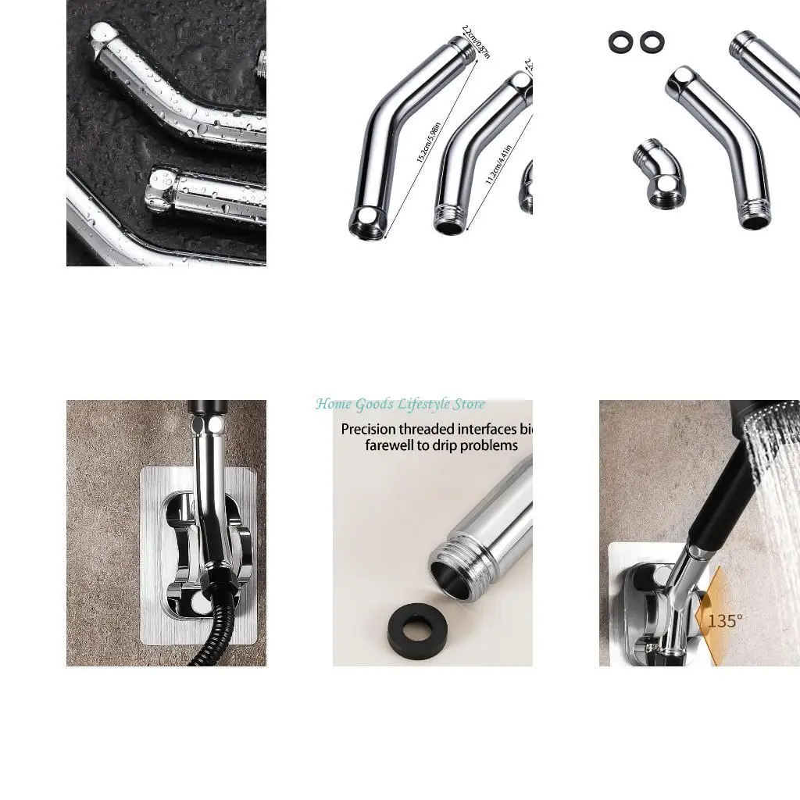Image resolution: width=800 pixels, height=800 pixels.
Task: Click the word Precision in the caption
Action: (x=369, y=429)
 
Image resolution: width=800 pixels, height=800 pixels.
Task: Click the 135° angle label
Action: (x=725, y=621)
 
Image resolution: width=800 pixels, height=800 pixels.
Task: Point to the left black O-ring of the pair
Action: (x=621, y=42)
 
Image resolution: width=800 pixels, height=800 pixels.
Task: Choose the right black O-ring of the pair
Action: (x=652, y=42)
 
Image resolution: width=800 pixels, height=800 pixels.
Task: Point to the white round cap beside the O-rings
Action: (x=682, y=76)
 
